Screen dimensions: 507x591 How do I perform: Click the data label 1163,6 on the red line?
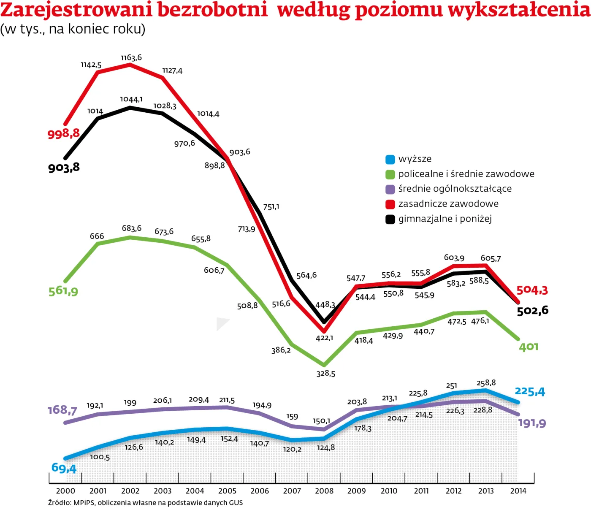pyautogui.click(x=131, y=57)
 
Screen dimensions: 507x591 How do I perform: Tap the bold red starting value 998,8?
pyautogui.click(x=63, y=134)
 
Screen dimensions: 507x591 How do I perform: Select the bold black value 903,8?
pyautogui.click(x=64, y=168)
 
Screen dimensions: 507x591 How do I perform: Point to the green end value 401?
pyautogui.click(x=529, y=347)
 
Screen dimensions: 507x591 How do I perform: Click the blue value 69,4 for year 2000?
pyautogui.click(x=64, y=468)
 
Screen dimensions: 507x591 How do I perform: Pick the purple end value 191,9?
pyautogui.click(x=532, y=423)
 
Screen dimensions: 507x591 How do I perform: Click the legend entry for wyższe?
pyautogui.click(x=415, y=159)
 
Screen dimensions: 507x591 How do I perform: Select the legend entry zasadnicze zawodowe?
pyautogui.click(x=448, y=204)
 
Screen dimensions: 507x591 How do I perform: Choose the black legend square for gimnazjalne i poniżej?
pyautogui.click(x=390, y=219)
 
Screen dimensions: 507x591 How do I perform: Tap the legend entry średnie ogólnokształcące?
pyautogui.click(x=455, y=189)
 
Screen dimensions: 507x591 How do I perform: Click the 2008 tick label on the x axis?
pyautogui.click(x=324, y=491)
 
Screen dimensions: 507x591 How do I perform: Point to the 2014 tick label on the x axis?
pyautogui.click(x=518, y=491)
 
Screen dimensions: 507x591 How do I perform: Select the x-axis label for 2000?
pyautogui.click(x=65, y=491)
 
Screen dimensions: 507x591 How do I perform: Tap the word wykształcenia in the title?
pyautogui.click(x=519, y=10)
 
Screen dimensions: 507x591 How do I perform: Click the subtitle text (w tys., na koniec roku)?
pyautogui.click(x=73, y=29)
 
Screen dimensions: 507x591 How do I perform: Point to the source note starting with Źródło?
pyautogui.click(x=145, y=502)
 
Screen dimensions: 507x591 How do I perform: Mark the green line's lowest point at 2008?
pyautogui.click(x=324, y=365)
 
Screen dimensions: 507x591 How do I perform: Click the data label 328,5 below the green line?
pyautogui.click(x=326, y=374)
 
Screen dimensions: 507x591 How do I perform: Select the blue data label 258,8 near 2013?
pyautogui.click(x=486, y=383)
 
